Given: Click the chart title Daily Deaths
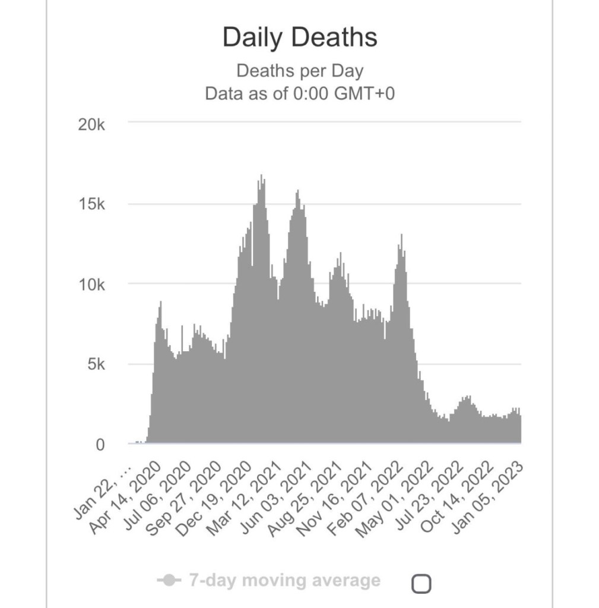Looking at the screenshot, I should click(300, 38).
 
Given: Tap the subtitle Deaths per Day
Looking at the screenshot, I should click(300, 71).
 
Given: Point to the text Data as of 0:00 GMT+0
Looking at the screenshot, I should click(300, 94).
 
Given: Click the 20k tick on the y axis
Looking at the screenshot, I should click(92, 125).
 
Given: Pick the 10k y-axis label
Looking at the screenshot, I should click(92, 284).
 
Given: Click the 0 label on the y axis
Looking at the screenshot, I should click(100, 445).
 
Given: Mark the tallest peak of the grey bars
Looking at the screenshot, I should click(261, 176).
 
